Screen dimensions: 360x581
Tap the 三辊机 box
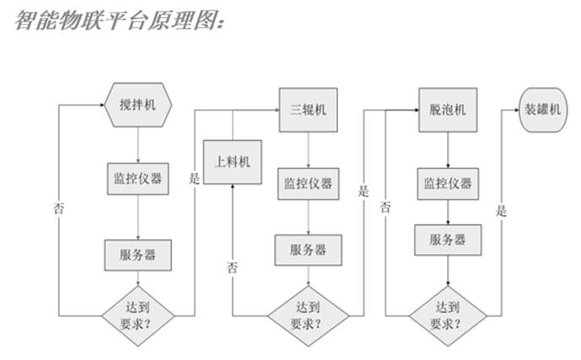[x=308, y=110]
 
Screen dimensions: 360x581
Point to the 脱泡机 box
[x=447, y=110]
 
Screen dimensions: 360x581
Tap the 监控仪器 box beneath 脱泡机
[x=447, y=184]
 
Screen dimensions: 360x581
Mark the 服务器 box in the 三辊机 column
[x=308, y=250]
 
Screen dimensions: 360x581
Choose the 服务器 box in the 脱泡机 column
[x=447, y=239]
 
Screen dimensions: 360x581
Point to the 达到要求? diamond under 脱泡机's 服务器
[x=447, y=314]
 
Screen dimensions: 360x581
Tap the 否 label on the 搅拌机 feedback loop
[x=58, y=207]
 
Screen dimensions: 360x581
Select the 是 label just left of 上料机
[x=195, y=180]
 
